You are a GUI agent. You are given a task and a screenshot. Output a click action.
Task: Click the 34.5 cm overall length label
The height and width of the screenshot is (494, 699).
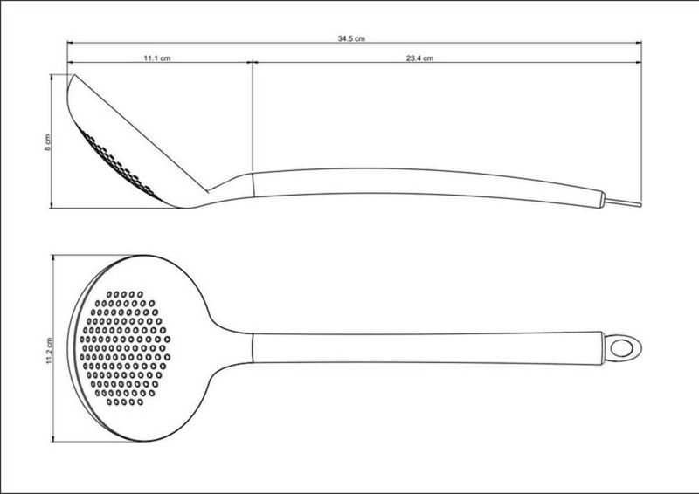pyautogui.click(x=351, y=38)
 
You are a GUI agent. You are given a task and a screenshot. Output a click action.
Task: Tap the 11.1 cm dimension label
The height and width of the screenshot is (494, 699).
pyautogui.click(x=157, y=58)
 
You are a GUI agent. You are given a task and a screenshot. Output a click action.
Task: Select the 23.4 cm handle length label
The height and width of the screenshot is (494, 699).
pyautogui.click(x=419, y=58)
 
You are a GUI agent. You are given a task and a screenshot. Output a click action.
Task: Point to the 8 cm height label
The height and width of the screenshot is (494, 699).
pyautogui.click(x=48, y=142)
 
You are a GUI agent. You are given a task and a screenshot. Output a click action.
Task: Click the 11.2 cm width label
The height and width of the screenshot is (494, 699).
pyautogui.click(x=49, y=351)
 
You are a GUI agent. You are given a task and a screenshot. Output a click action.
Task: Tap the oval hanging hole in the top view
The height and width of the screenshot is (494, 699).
pyautogui.click(x=622, y=347)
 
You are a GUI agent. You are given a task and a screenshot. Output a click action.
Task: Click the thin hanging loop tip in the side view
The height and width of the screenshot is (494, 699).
pyautogui.click(x=623, y=202)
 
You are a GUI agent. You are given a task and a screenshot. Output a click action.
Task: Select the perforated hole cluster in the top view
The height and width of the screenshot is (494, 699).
pyautogui.click(x=125, y=348)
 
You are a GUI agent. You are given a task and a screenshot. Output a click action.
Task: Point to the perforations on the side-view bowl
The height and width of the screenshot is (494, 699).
pyautogui.click(x=117, y=163)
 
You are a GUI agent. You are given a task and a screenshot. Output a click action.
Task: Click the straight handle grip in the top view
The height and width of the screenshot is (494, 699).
pyautogui.click(x=428, y=348)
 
